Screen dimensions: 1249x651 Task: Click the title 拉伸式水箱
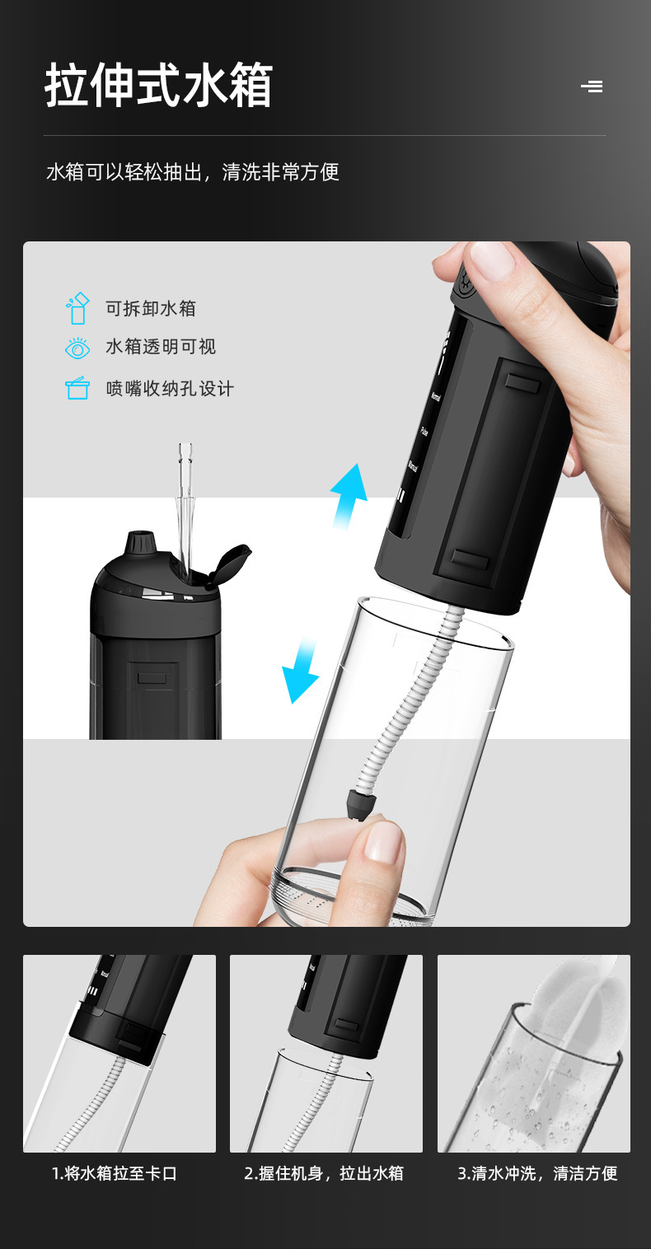158,86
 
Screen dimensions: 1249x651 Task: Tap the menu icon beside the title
592,86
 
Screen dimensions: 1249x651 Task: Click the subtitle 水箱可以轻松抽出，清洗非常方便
193,172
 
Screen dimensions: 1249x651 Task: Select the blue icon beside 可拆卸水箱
77,308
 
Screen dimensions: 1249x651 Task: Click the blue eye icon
77,348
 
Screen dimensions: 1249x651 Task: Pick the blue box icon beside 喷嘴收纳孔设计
77,388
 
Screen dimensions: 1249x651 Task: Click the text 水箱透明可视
161,347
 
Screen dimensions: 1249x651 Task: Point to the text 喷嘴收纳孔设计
170,388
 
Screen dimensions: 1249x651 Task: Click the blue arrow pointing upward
349,493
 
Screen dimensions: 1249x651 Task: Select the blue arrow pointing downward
302,668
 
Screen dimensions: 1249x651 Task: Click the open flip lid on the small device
230,564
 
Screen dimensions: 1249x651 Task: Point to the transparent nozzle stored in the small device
185,503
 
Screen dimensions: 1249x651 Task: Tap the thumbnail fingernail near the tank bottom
384,841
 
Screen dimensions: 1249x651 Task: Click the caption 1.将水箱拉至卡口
115,1173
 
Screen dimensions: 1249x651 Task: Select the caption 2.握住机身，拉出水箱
324,1173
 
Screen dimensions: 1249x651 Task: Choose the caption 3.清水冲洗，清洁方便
537,1173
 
